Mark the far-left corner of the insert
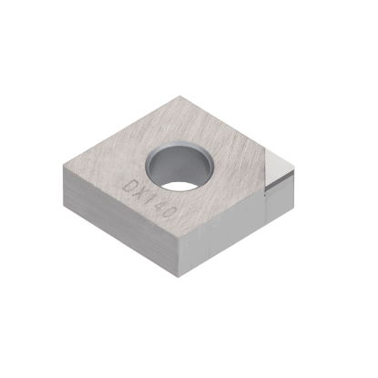pos(63,167)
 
